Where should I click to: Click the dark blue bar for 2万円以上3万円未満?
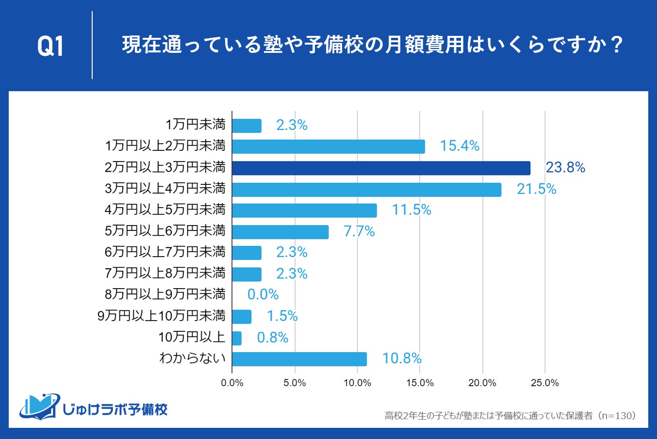tap(381, 168)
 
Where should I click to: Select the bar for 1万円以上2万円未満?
tap(328, 146)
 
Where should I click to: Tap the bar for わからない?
tap(299, 359)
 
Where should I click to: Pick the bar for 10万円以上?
tap(237, 338)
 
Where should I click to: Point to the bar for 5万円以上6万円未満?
tap(280, 232)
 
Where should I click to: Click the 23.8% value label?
tap(565, 168)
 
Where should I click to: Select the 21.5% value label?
tap(536, 189)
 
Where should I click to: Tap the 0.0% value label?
tap(263, 295)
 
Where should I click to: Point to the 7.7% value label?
tap(359, 232)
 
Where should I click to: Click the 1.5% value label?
tap(282, 316)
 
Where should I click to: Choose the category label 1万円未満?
tap(196, 125)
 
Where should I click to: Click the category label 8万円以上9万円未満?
tap(165, 294)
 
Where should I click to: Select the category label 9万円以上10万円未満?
tap(162, 316)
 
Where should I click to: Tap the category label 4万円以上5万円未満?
tap(165, 210)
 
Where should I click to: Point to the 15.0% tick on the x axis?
tap(420, 383)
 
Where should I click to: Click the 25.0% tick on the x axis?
tap(545, 383)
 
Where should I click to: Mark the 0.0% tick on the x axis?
tap(232, 383)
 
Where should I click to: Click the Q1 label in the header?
tap(50, 47)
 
